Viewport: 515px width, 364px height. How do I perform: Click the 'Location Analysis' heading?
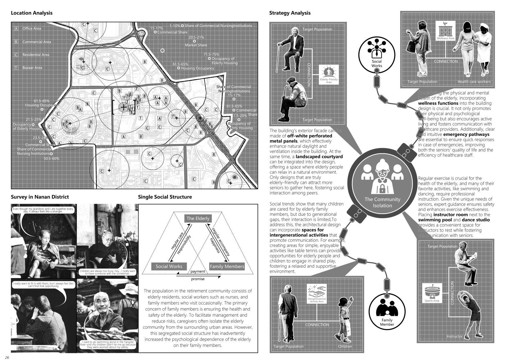click(x=31, y=13)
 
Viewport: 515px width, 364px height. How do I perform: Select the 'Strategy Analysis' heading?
click(x=290, y=13)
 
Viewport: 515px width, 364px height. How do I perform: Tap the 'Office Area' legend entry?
click(x=32, y=28)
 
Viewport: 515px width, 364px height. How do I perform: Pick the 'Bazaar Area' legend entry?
click(x=32, y=68)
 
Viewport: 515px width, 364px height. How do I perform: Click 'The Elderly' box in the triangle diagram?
click(x=198, y=218)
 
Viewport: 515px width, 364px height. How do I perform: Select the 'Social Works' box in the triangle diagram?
click(x=169, y=266)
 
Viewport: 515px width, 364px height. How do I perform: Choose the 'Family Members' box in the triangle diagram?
click(x=227, y=266)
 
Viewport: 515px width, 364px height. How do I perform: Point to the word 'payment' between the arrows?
click(x=198, y=271)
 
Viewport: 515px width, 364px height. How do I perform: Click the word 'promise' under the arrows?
click(x=198, y=279)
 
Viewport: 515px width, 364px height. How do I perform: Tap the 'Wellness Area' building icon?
click(x=445, y=31)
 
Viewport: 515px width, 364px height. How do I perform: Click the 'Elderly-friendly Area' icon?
click(x=329, y=75)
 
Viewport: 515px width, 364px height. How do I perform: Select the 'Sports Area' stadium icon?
click(x=432, y=293)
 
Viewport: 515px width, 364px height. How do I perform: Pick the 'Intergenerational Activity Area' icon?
click(x=317, y=294)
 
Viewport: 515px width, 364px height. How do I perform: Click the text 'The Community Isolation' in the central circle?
click(x=382, y=202)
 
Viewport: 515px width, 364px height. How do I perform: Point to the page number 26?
click(x=7, y=357)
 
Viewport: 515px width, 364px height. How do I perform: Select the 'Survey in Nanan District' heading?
click(x=40, y=197)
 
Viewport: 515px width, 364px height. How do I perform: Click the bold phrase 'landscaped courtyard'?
click(x=319, y=156)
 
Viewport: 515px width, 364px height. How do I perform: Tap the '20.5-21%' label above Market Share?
click(x=196, y=37)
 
